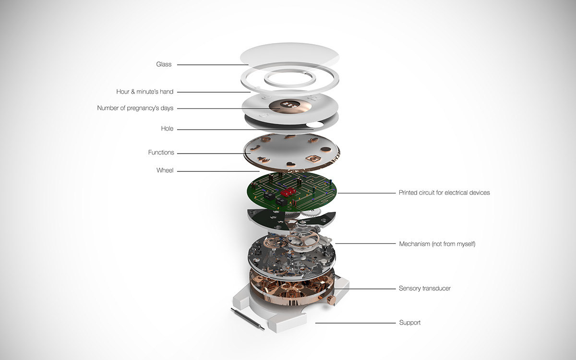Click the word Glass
(x=164, y=64)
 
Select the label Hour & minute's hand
(x=144, y=92)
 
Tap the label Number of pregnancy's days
(x=135, y=108)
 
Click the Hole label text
(x=167, y=129)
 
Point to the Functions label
(x=161, y=153)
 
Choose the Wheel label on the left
(x=165, y=170)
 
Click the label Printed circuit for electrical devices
(x=444, y=193)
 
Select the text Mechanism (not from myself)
(x=437, y=244)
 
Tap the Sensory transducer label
(x=424, y=288)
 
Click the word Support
(x=409, y=323)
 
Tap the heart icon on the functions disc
(x=291, y=164)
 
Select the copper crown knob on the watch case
(x=330, y=300)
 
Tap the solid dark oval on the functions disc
(x=326, y=149)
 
